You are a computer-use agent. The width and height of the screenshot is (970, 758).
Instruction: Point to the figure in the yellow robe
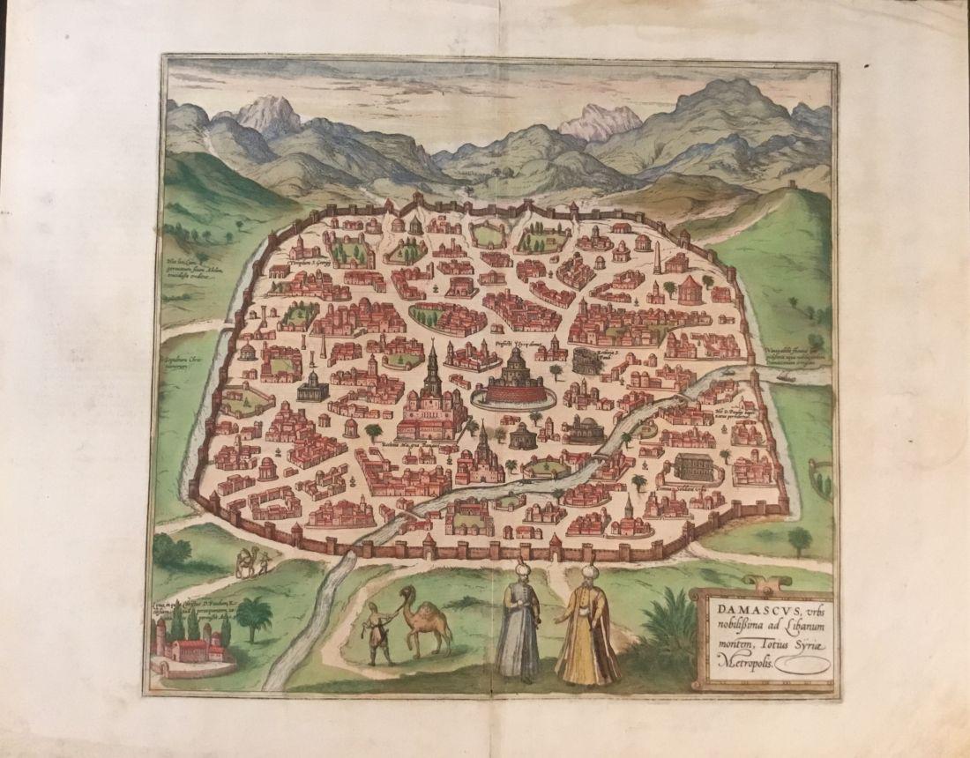coord(586,630)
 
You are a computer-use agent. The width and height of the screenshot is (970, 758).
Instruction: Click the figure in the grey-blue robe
coord(519,626)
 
